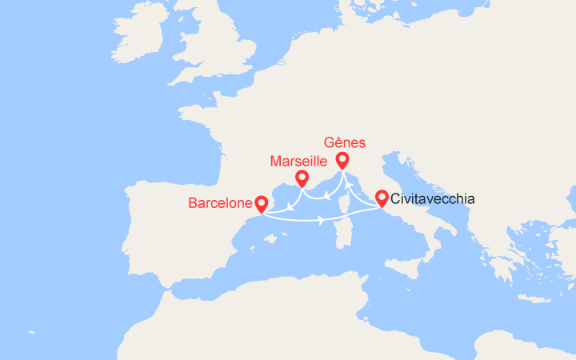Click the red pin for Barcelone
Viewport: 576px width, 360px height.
point(261,205)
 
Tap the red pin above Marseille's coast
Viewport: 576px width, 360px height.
point(302,178)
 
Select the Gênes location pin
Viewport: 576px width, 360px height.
point(342,160)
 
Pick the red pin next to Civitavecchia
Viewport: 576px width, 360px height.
point(382,197)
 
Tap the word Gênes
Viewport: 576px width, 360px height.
point(346,142)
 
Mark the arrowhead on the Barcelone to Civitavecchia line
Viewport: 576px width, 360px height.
point(322,220)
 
